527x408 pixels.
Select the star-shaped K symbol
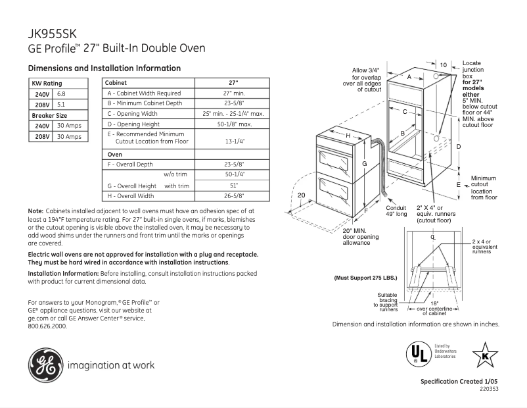coord(485,354)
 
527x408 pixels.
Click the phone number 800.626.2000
coord(47,325)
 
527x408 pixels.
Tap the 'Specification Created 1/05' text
coord(459,382)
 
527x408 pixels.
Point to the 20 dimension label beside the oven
coord(302,195)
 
